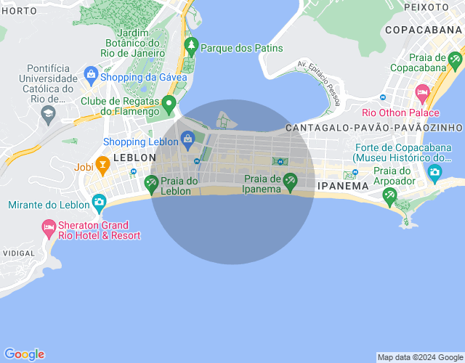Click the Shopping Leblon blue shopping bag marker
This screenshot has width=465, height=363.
[x=187, y=138]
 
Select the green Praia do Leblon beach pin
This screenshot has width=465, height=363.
[x=151, y=183]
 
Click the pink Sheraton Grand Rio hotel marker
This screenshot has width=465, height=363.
[x=49, y=229]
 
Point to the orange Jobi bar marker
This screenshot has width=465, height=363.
[x=102, y=166]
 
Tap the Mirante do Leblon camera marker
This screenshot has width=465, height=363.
[x=98, y=200]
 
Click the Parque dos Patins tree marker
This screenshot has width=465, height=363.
[x=191, y=46]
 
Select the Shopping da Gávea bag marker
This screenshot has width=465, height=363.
[x=91, y=73]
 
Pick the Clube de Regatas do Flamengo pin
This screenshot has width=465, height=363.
[x=169, y=104]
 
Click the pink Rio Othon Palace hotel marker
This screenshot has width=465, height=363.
[x=422, y=92]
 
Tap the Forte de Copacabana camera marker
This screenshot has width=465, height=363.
[x=434, y=172]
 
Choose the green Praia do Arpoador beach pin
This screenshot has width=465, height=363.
[x=389, y=195]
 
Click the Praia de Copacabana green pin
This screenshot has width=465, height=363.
[x=455, y=59]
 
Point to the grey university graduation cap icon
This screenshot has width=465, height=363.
[x=48, y=113]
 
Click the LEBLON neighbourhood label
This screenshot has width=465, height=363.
[x=134, y=157]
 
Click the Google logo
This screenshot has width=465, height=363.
[x=23, y=354]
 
